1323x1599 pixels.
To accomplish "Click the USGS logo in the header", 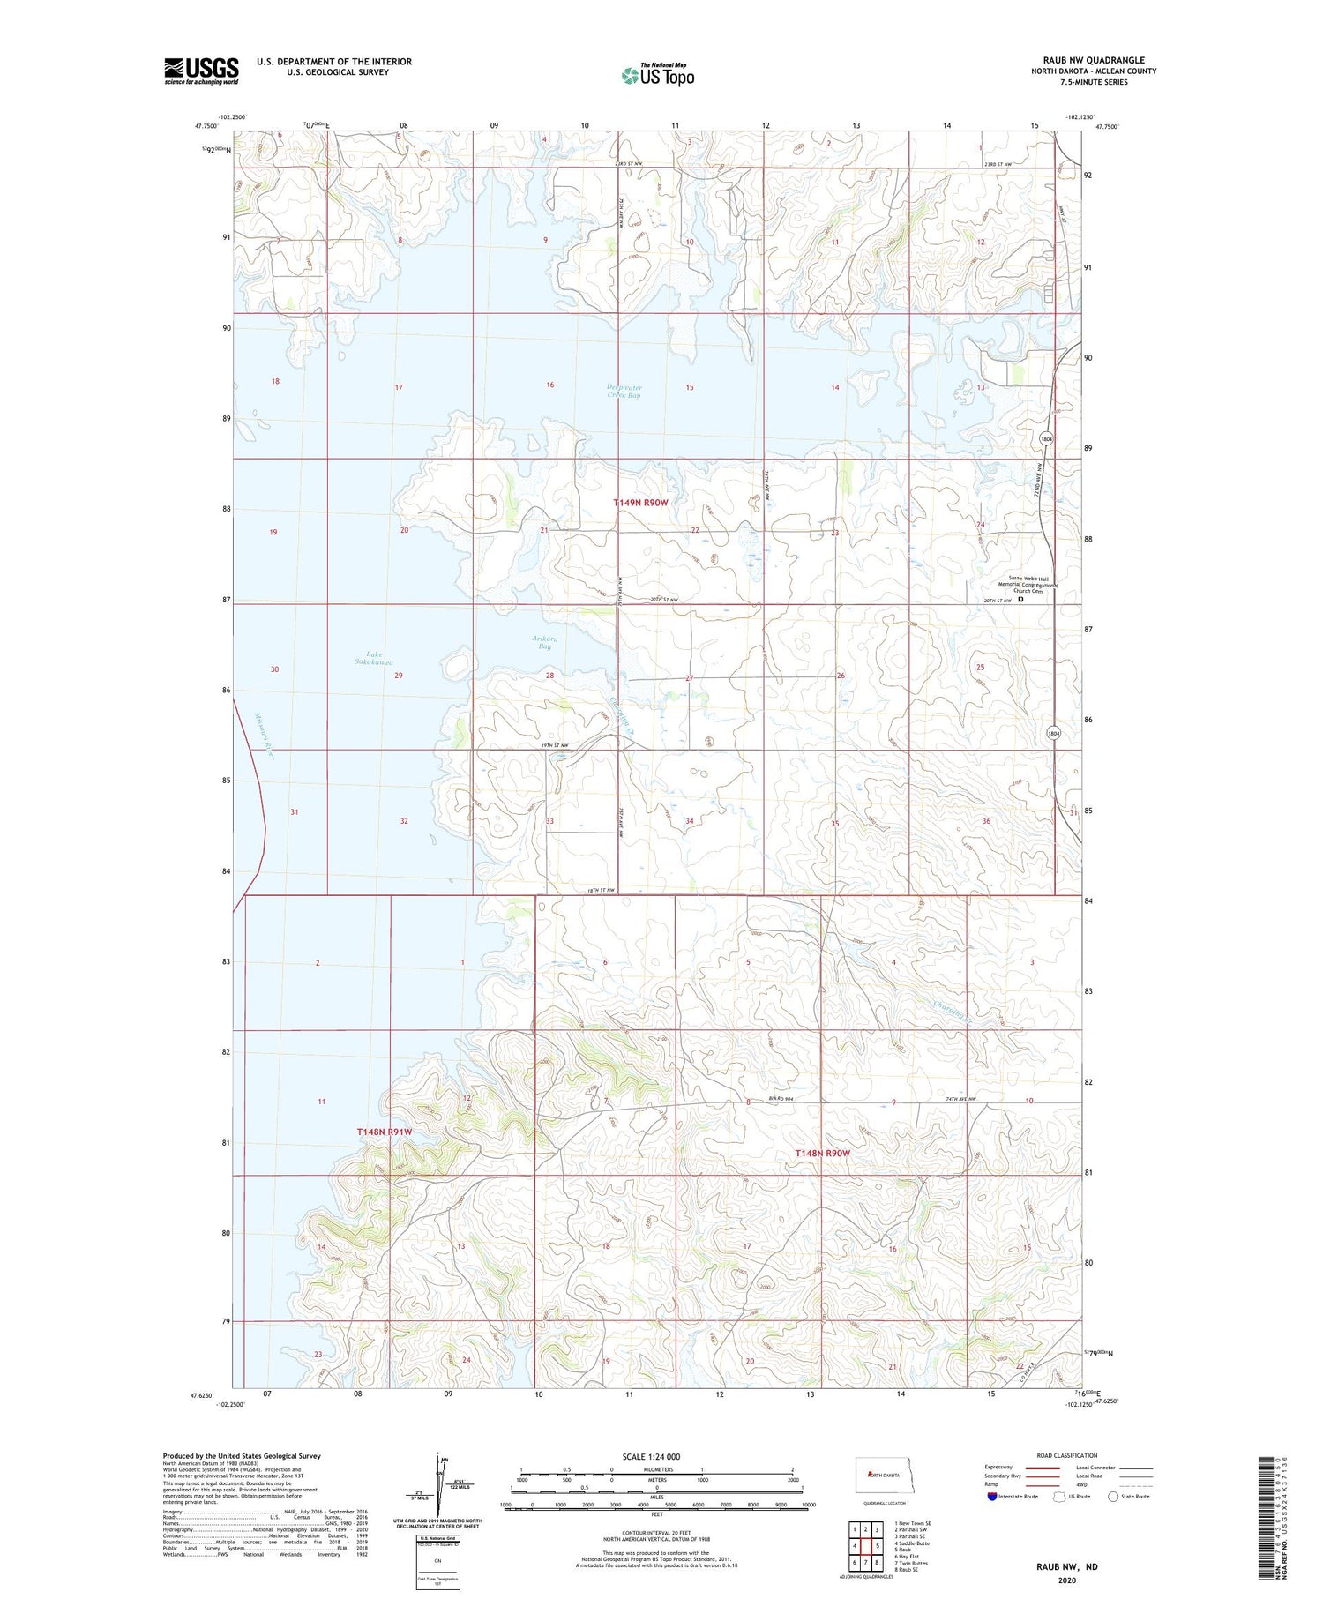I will click(x=201, y=71).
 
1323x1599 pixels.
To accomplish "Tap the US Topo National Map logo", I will click(x=657, y=75).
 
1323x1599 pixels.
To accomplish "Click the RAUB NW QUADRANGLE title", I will click(x=1093, y=60).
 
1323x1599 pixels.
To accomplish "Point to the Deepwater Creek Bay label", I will click(x=624, y=392).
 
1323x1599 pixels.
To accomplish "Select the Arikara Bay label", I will click(x=544, y=642).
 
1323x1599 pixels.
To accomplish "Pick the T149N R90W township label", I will click(x=641, y=502).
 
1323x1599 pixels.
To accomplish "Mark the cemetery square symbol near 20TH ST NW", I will click(x=1020, y=599).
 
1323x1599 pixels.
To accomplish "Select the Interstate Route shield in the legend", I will click(x=992, y=1497).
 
